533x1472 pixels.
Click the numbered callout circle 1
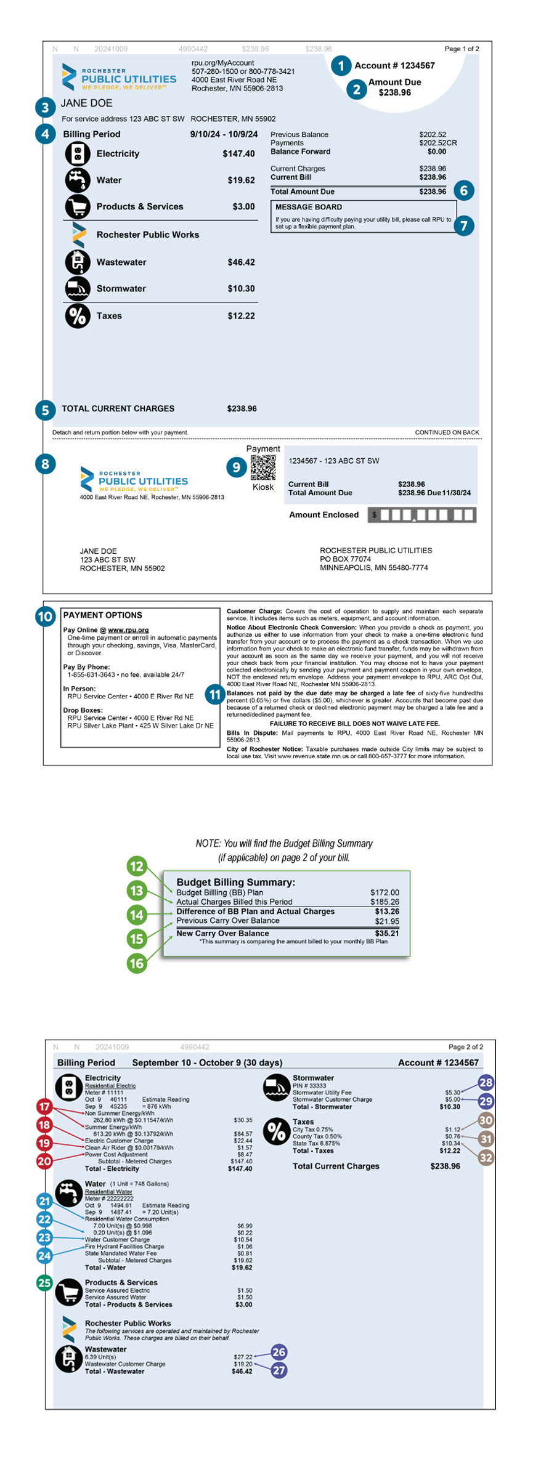click(341, 66)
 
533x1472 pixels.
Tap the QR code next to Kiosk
click(263, 467)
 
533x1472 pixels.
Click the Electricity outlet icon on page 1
click(78, 154)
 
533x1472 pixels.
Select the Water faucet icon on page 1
click(78, 180)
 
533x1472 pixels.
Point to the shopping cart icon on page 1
click(78, 207)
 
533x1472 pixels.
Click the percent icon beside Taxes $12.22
click(78, 316)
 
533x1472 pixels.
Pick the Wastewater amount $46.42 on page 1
click(241, 262)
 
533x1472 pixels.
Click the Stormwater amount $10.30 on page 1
click(241, 289)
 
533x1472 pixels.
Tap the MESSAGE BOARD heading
click(308, 208)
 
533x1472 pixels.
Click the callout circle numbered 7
click(463, 225)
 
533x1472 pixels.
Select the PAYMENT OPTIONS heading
click(102, 615)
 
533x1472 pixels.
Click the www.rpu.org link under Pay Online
click(128, 630)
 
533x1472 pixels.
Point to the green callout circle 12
click(136, 867)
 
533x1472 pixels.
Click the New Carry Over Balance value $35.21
click(386, 933)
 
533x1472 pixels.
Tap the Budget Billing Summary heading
click(235, 882)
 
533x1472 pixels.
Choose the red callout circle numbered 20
click(44, 1162)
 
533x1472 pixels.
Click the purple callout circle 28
click(486, 1083)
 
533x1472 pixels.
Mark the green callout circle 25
click(44, 1282)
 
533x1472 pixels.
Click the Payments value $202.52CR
click(437, 143)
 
